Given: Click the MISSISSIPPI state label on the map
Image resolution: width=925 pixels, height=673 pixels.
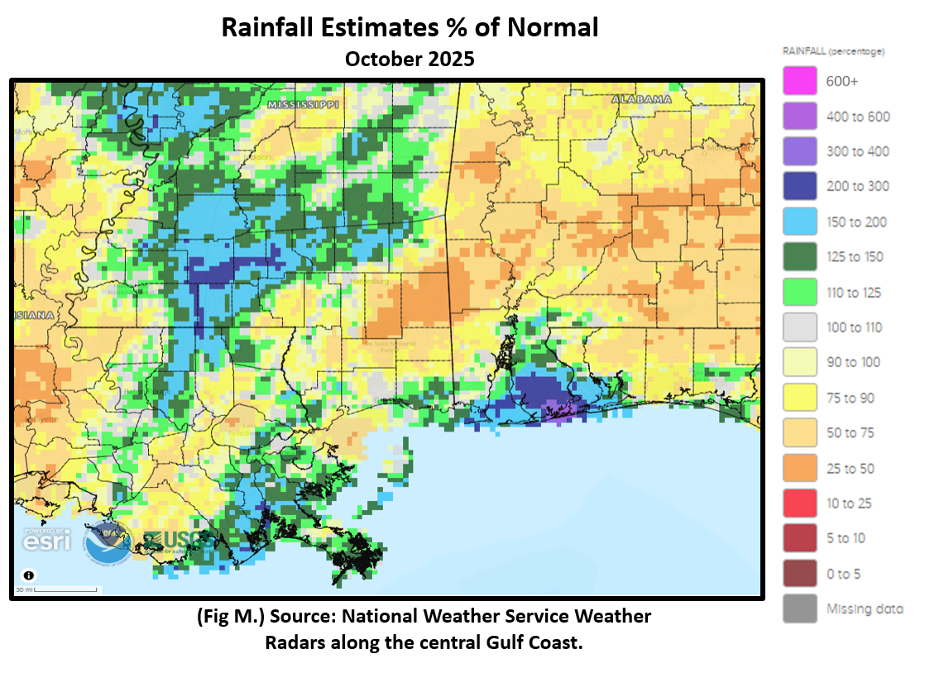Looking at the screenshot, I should click(x=304, y=105).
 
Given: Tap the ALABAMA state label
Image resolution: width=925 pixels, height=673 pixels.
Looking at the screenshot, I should click(x=641, y=99).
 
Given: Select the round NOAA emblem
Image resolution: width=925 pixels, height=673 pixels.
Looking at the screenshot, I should click(x=106, y=542).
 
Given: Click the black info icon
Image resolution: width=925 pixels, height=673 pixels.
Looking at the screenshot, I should click(x=29, y=575).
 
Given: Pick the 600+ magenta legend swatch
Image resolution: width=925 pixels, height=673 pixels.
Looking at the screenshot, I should click(x=799, y=81).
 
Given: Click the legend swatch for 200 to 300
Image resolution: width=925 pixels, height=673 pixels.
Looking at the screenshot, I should click(x=799, y=186).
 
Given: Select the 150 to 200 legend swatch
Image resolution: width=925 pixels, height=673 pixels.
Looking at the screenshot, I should click(x=799, y=222).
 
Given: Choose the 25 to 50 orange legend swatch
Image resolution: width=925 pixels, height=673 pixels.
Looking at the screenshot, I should click(x=799, y=468).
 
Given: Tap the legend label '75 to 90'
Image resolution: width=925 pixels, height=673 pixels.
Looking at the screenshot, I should click(x=850, y=398).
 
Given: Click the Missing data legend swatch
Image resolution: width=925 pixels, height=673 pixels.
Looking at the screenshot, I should click(x=799, y=609).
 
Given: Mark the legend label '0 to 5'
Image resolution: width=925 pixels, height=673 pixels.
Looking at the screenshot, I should click(x=843, y=574).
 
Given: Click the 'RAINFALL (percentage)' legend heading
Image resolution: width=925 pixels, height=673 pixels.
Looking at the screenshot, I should click(x=833, y=51).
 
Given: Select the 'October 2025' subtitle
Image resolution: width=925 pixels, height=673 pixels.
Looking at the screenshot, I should click(x=410, y=60).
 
